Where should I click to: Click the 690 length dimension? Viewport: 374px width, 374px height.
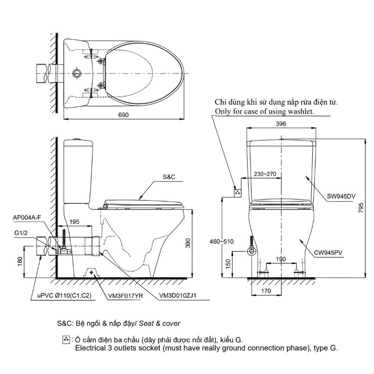point(123,114)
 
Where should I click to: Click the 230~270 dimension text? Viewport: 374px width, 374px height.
point(265,173)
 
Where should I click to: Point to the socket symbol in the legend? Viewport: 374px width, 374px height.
point(66,339)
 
